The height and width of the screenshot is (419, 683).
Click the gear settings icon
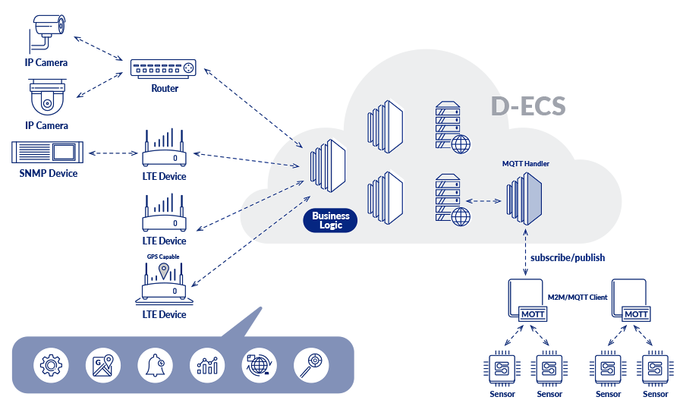(51, 365)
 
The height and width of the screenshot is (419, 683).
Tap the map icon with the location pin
(103, 365)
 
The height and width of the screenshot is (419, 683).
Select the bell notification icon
(155, 365)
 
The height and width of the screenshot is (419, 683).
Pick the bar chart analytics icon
(207, 365)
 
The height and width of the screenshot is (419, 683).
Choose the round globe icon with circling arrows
(260, 365)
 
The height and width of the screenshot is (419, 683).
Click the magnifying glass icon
(311, 365)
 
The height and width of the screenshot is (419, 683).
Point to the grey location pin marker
(163, 270)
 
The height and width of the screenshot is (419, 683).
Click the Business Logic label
(330, 221)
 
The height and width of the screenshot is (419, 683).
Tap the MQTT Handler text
(526, 163)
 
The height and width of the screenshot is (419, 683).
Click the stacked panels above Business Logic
(329, 165)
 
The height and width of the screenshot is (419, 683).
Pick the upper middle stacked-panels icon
(385, 122)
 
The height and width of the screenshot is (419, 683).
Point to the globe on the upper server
(461, 143)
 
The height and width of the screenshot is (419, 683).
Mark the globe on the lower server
(461, 217)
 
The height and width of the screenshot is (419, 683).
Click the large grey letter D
(499, 106)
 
